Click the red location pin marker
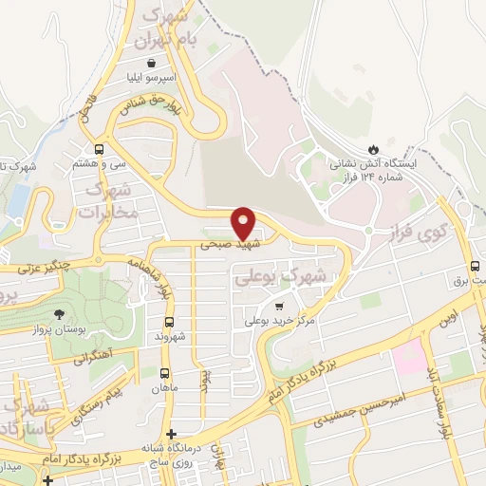point(245,222)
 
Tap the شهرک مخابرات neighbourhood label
point(112,202)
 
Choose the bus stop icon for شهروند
point(170,322)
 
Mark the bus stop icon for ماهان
point(167,373)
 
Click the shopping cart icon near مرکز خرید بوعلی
point(278,306)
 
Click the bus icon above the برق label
point(476,267)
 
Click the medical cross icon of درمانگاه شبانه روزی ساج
point(171,435)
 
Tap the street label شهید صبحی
point(219,244)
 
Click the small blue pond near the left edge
point(18,198)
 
